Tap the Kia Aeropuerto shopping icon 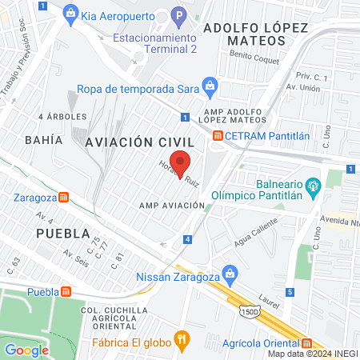click(x=71, y=13)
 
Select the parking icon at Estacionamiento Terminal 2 click(x=179, y=14)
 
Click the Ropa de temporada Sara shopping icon click(x=210, y=84)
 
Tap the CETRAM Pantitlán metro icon click(x=217, y=135)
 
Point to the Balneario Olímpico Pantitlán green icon click(x=313, y=189)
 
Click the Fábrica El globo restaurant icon click(x=183, y=339)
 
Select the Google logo click(x=26, y=350)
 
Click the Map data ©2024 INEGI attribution click(x=313, y=354)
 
